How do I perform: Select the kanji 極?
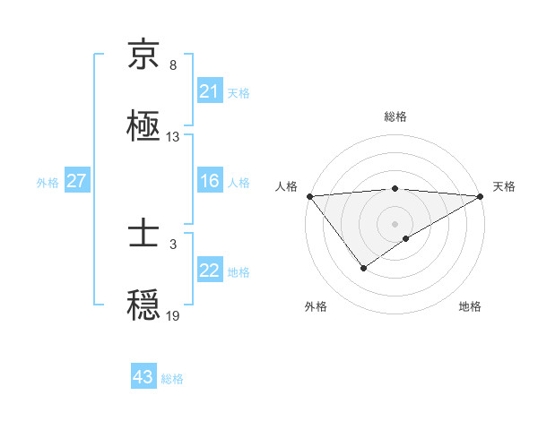coord(143,125)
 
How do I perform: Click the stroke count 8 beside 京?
coord(172,65)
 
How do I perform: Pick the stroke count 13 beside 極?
coord(173,137)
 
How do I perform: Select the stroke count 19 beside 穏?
coord(173,315)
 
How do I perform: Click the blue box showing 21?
coord(209,91)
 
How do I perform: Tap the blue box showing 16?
coord(209,181)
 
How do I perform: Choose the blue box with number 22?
coord(209,271)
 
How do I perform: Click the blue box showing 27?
coord(76,181)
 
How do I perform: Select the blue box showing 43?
coord(143,377)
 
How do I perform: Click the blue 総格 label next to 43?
coord(172,379)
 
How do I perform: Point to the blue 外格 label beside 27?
coord(48,182)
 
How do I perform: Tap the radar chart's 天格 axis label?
coord(504,186)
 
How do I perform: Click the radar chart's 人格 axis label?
coord(287,186)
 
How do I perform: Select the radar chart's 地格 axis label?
coord(470,306)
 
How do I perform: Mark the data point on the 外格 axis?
coord(363,267)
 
